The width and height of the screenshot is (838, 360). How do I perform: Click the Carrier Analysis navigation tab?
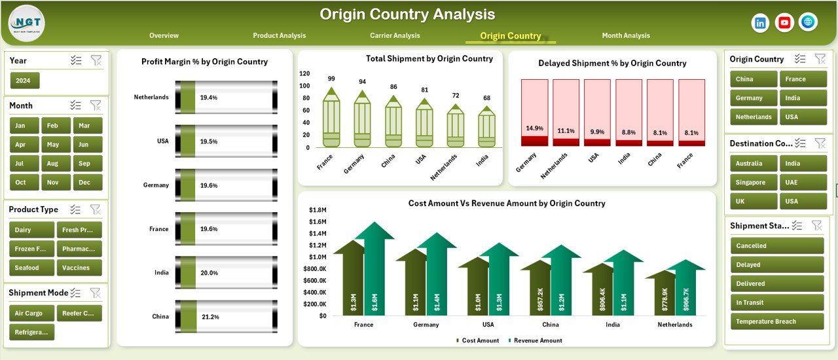coord(395,35)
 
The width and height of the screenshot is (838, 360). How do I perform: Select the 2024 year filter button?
coord(25,81)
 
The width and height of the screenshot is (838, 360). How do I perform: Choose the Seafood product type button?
coord(27,268)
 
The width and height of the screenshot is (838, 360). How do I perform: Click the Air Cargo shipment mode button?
coord(30,314)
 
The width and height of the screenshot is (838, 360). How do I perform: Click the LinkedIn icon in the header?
coord(761,23)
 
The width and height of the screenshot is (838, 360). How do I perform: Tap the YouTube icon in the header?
coord(784,23)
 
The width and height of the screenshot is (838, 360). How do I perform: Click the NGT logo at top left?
coord(27,23)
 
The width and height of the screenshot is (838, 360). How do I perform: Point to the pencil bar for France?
coord(331,118)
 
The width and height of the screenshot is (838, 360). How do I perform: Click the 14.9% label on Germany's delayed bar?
coord(534,128)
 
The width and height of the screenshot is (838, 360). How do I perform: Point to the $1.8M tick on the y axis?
coord(318,210)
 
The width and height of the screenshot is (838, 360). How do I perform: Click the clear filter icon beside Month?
coord(96,105)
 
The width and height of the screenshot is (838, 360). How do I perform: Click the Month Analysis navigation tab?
coord(626,35)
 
